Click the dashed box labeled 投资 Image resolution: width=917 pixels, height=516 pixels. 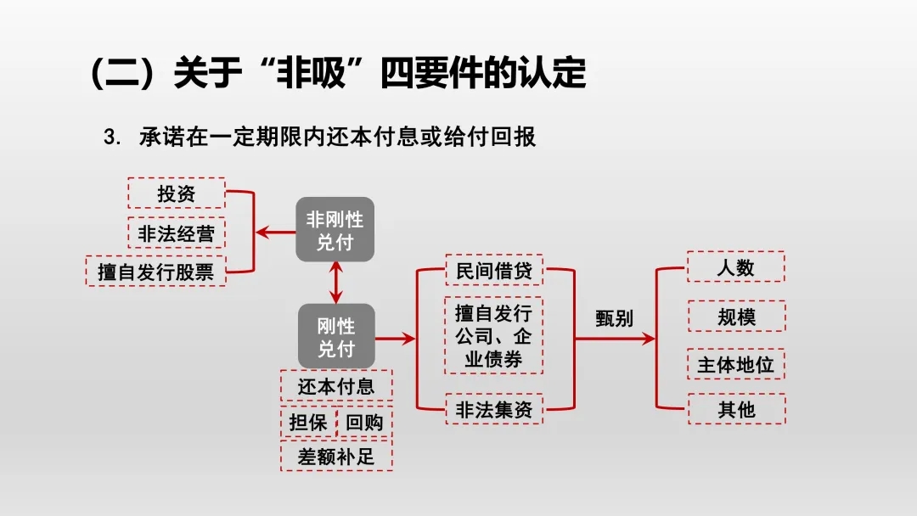pos(177,193)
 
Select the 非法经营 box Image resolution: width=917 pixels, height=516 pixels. pos(177,233)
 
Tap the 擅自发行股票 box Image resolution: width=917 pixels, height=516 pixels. pos(156,272)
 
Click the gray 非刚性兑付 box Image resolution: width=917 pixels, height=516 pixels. pos(335,230)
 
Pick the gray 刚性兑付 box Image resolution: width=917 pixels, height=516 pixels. pos(336,337)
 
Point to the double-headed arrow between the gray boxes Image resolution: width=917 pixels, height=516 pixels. pos(336,283)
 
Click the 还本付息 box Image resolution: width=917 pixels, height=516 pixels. pos(336,386)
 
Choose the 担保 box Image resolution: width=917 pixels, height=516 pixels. pos(308,423)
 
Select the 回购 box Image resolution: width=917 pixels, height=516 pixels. pos(364,423)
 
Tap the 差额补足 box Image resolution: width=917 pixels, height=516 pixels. pos(336,457)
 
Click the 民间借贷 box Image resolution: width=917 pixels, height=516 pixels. pos(494,272)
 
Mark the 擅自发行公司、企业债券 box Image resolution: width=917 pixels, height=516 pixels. pos(493,335)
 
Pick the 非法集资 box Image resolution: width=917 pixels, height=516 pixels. pos(494,410)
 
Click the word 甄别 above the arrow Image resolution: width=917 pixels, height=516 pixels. pos(614,317)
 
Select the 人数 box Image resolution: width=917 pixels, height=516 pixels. pos(735,267)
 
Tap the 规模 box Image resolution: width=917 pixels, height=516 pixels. pos(735,317)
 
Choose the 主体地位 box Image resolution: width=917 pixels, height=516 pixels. pos(735,365)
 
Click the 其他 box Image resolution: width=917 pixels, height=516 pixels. pos(735,410)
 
